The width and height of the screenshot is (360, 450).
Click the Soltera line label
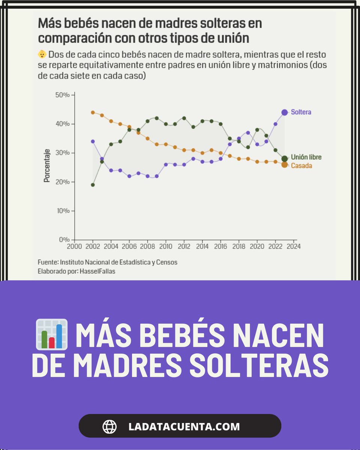coord(301,112)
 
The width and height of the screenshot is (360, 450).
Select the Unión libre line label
coord(306,157)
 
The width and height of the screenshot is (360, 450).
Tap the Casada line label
coord(301,165)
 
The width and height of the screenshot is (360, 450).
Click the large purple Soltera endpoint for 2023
coord(284,112)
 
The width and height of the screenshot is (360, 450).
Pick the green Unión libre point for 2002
coord(93,185)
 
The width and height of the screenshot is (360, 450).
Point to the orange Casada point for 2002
coord(93,112)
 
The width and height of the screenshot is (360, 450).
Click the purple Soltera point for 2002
coord(93,141)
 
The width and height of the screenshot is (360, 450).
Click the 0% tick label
coord(64,240)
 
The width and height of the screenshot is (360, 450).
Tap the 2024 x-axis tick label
coord(293,246)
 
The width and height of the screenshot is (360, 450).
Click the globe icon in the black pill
coord(109,426)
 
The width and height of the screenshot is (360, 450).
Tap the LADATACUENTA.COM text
coord(184,426)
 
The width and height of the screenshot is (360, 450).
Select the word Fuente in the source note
coord(47,262)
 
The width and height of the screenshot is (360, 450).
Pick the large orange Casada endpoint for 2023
coord(284,165)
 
